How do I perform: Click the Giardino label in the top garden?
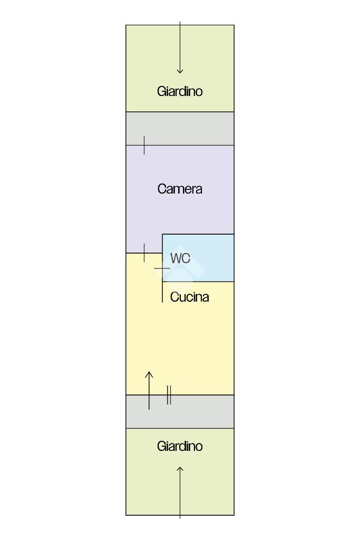click(x=180, y=91)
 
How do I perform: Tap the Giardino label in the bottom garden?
click(x=180, y=446)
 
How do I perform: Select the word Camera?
click(x=180, y=189)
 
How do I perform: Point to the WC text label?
click(x=180, y=258)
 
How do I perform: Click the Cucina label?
click(x=189, y=297)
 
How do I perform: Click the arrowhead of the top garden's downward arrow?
click(x=180, y=70)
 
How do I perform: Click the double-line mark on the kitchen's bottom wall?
click(x=169, y=395)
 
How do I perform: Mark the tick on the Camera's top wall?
click(x=144, y=145)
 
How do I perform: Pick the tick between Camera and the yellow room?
click(x=144, y=253)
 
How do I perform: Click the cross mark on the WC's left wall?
click(x=162, y=268)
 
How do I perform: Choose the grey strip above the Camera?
click(x=180, y=128)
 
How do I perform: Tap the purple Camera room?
click(x=180, y=211)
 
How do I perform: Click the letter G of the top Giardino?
click(x=161, y=91)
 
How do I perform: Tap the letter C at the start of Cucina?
click(x=174, y=297)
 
